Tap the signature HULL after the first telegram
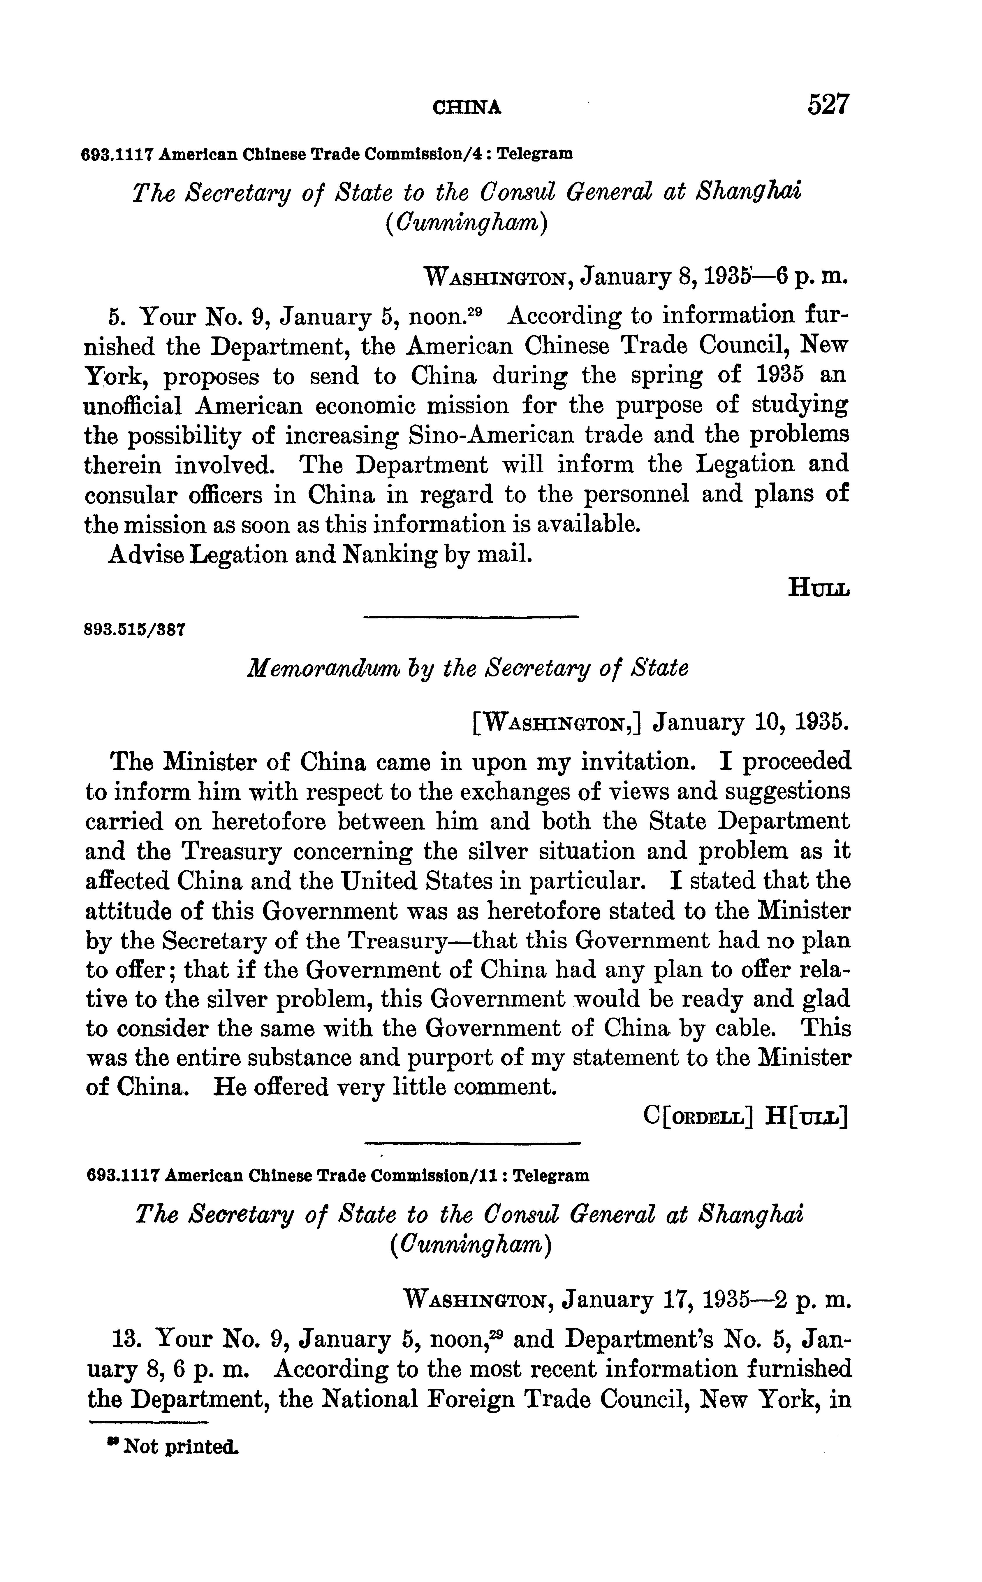[x=818, y=589]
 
